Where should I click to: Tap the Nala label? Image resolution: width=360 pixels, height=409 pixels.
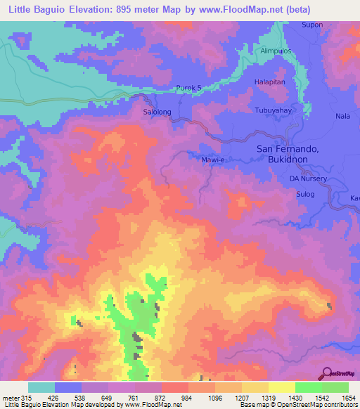tap(343, 116)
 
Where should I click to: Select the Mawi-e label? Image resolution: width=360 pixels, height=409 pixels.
tap(212, 160)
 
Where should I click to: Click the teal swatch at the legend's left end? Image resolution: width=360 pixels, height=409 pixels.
tap(41, 387)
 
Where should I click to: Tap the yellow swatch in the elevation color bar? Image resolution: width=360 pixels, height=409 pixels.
tap(281, 387)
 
